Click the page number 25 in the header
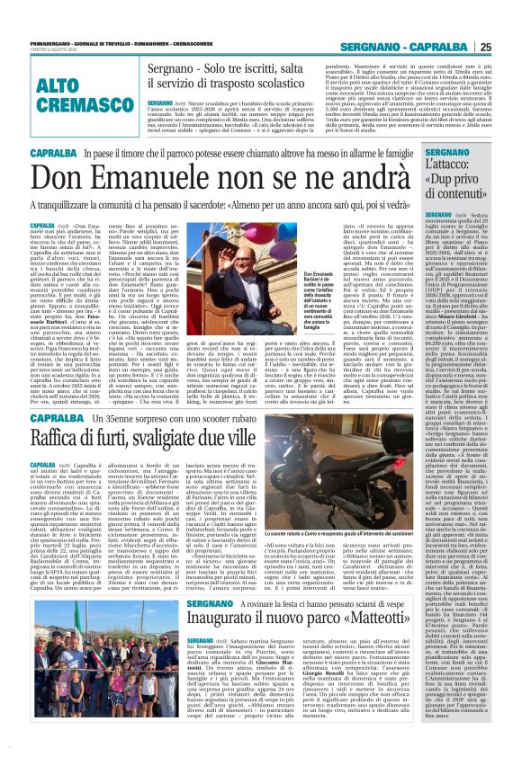(x=509, y=47)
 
